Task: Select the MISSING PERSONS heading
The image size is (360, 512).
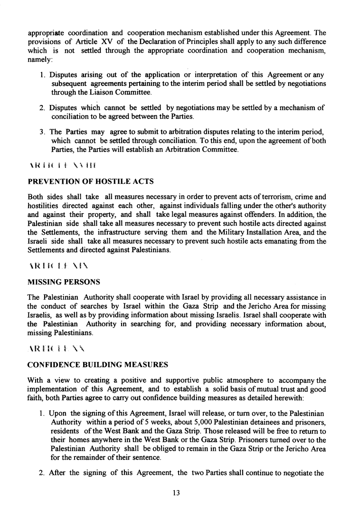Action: [x=64, y=282]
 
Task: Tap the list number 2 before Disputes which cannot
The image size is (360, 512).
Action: [x=42, y=108]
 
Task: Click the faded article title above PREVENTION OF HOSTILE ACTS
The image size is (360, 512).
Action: [x=63, y=165]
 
